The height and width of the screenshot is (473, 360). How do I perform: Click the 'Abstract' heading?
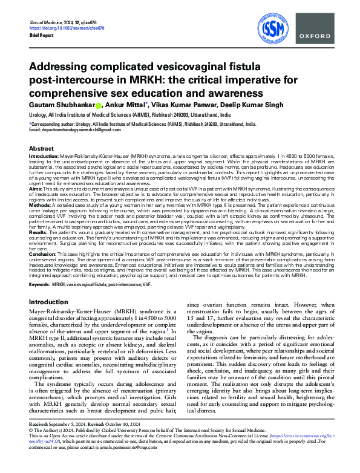click(41, 148)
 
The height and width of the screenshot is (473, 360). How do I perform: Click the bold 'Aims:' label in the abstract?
click(36, 189)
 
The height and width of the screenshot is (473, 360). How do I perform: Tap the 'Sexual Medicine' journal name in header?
click(48, 21)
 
